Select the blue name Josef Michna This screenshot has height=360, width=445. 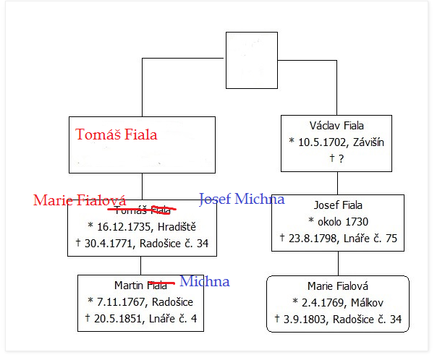[x=242, y=199]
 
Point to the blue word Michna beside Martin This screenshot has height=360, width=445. [x=204, y=281]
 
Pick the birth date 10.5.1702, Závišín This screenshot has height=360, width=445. [x=336, y=142]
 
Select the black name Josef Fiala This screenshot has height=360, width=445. [x=336, y=205]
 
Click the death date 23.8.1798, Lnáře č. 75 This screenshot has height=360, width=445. [x=336, y=238]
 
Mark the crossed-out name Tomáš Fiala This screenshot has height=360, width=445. [x=142, y=210]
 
